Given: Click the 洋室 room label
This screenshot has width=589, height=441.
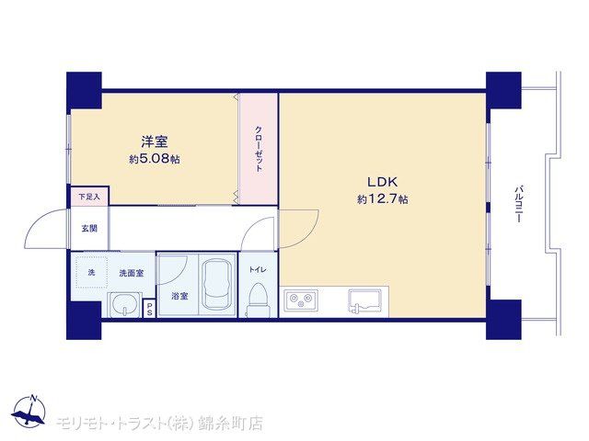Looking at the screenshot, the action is [x=155, y=142].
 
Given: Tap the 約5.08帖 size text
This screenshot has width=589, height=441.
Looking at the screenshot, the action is [x=155, y=159].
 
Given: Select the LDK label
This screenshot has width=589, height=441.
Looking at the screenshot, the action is [x=382, y=182].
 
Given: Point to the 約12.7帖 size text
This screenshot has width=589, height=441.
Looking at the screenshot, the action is [x=382, y=198].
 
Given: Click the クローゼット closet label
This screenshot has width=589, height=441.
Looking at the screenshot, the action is [x=259, y=149].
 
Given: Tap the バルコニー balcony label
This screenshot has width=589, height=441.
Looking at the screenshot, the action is [x=518, y=204].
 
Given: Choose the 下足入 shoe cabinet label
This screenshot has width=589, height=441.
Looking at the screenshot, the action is [x=89, y=196].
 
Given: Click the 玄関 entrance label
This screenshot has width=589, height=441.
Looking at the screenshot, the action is [x=89, y=228].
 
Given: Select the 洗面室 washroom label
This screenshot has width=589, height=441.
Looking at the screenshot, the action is [x=132, y=273].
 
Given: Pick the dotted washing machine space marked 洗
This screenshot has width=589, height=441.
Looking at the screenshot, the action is [x=92, y=273].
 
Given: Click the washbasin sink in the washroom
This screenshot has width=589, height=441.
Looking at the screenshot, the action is [x=125, y=304].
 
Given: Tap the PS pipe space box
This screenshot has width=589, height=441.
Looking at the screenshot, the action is [x=149, y=309].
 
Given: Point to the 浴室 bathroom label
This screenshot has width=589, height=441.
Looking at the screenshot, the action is [x=179, y=296].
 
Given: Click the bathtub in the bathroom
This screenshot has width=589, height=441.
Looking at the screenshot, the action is [x=217, y=285].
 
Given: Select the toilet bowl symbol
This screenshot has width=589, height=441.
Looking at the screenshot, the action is [x=258, y=300].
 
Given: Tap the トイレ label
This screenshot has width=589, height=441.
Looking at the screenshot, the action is [x=258, y=269].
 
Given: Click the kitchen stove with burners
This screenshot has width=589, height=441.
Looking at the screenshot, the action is [x=301, y=300].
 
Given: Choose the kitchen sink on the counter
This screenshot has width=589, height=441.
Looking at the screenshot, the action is [x=364, y=300].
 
